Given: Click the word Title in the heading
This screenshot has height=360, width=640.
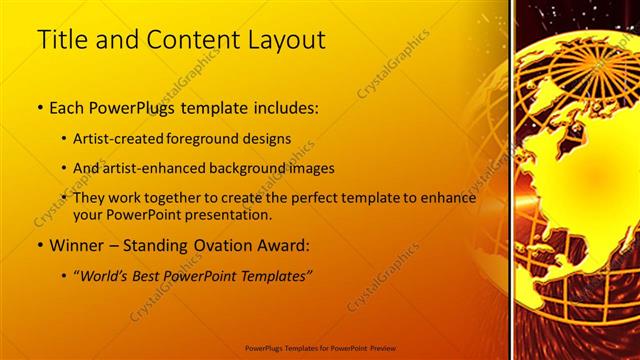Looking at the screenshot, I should (59, 40).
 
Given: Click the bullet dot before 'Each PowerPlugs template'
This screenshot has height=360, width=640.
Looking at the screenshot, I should (40, 106).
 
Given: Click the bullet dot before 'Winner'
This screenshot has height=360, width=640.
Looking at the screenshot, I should (40, 245).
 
